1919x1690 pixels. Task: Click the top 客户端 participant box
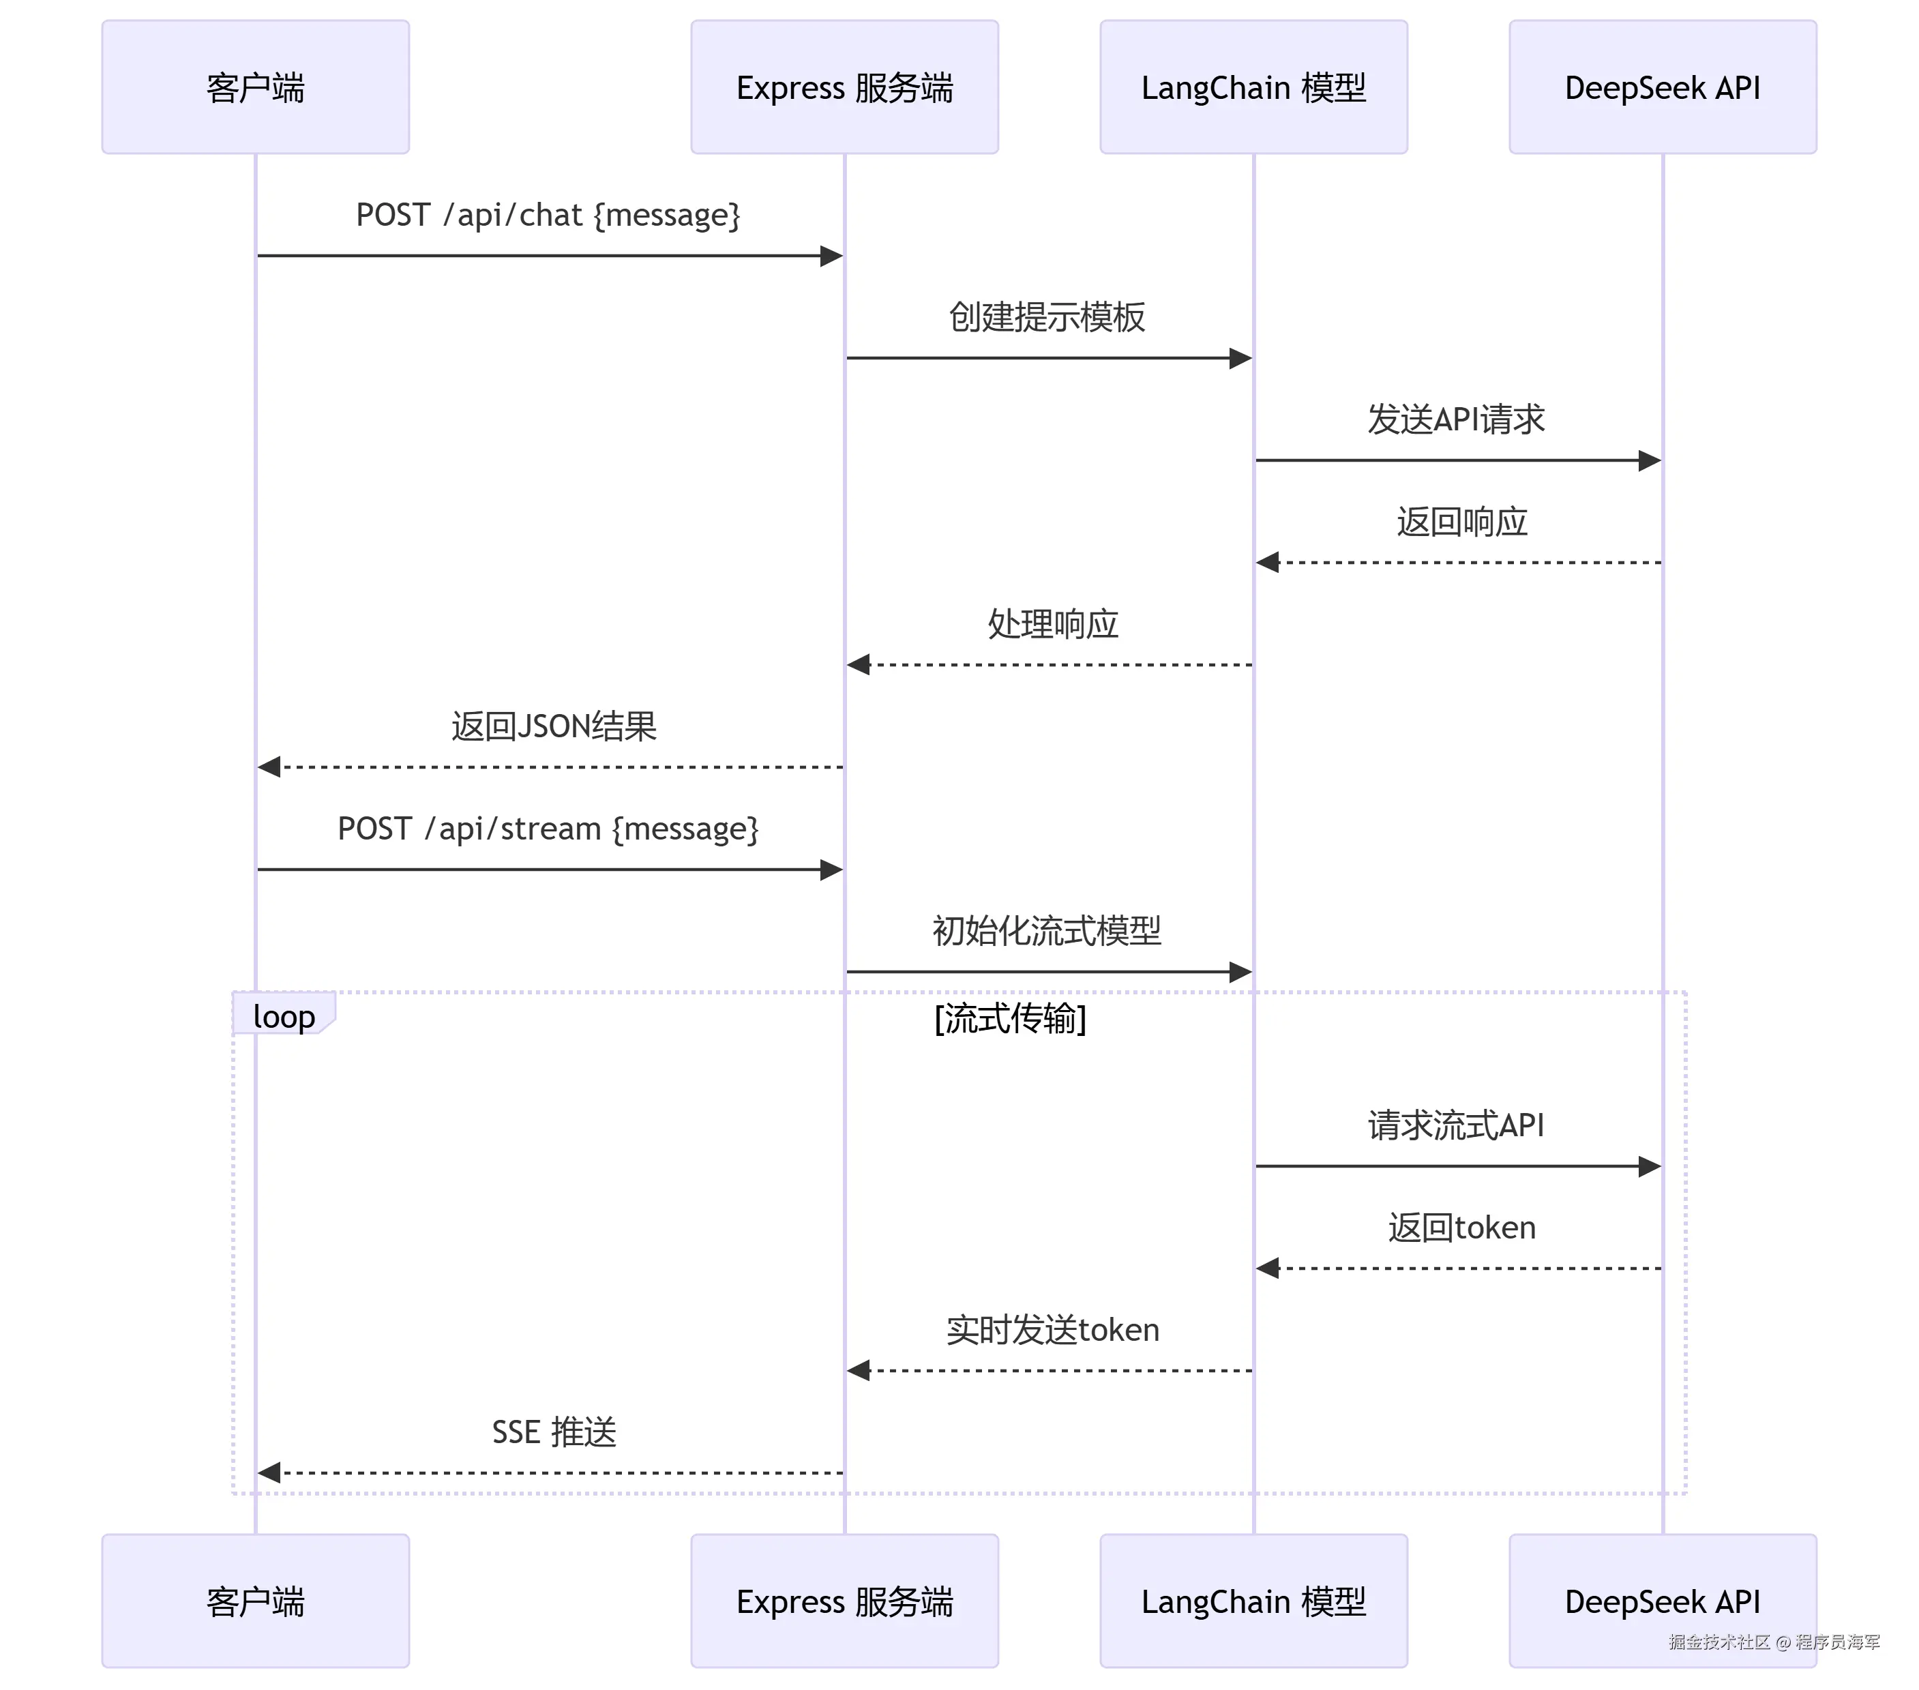coord(255,87)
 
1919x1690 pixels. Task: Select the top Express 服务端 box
coord(844,87)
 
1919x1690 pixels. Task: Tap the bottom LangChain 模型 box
coord(1253,1601)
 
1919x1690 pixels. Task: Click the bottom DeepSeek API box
coord(1662,1601)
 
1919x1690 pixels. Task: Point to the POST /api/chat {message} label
coord(548,215)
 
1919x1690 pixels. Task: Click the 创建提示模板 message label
coord(1047,317)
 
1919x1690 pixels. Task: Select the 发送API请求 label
coord(1455,419)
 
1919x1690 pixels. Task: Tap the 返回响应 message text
coord(1462,522)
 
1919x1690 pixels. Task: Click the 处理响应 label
coord(1052,624)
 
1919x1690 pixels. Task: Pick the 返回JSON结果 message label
coord(553,727)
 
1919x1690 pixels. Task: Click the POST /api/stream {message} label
coord(548,829)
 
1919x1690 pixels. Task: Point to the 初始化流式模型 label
coord(1047,932)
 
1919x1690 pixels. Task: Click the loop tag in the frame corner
coord(284,1016)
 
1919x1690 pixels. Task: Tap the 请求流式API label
coord(1455,1126)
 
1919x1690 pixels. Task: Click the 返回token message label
coord(1462,1228)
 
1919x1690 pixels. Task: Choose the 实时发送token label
coord(1052,1331)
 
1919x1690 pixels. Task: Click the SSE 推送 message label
coord(554,1433)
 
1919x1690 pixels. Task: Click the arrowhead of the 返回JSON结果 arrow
coord(269,767)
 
